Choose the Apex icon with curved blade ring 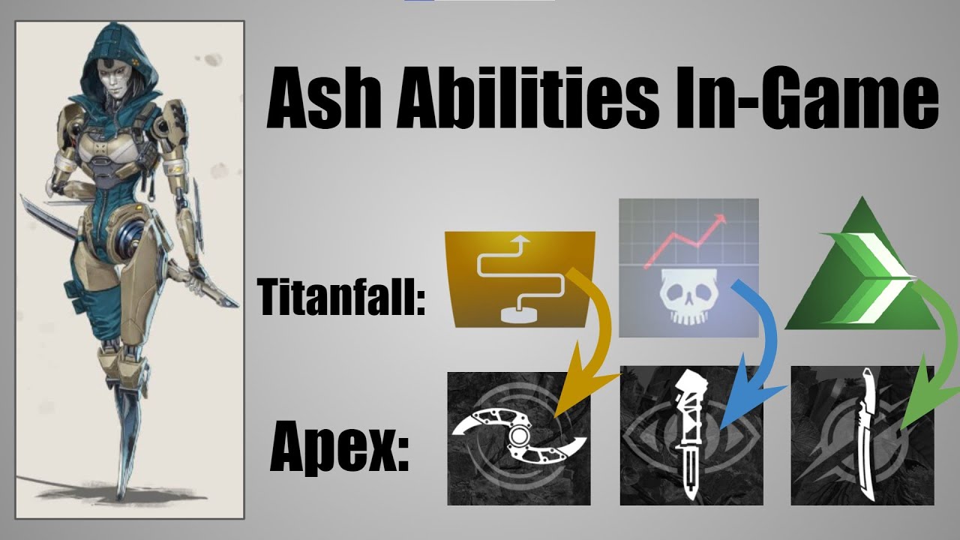point(518,438)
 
